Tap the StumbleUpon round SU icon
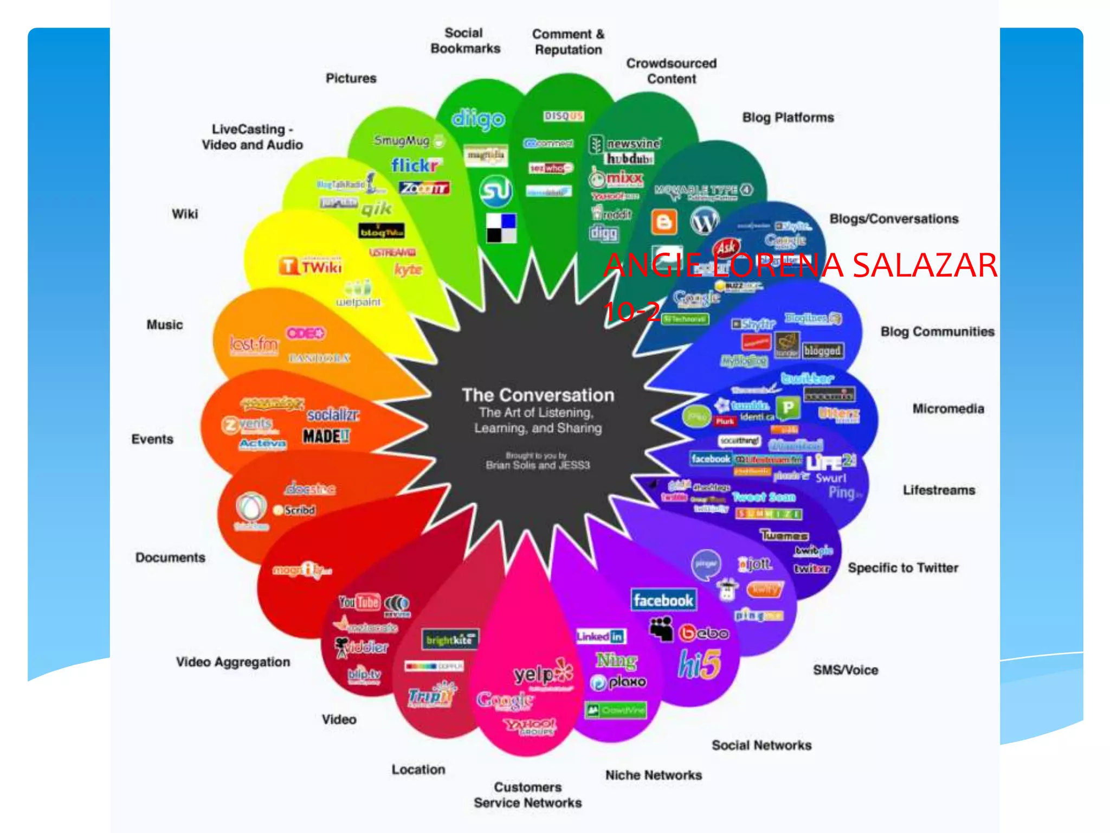tap(495, 191)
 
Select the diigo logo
tap(478, 119)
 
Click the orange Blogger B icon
tap(664, 222)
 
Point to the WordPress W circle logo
tap(704, 221)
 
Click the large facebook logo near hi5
tap(663, 600)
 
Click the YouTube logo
tap(359, 602)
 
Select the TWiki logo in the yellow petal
tap(311, 266)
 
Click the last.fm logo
tap(254, 344)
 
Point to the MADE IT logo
tap(326, 436)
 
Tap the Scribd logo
tap(295, 510)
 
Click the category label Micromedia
tap(948, 409)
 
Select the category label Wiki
tap(185, 214)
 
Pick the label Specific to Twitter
tap(903, 568)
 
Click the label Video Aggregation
tap(233, 662)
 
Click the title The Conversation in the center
tap(538, 395)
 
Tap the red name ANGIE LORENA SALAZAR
tap(800, 265)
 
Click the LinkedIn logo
tap(601, 636)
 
